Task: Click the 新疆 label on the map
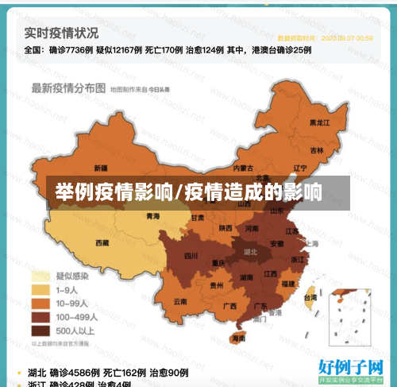tap(100, 168)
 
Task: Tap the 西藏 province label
tap(102, 242)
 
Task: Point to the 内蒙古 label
tap(244, 168)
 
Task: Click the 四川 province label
tap(191, 256)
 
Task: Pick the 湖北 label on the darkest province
tap(251, 251)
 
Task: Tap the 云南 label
tap(180, 302)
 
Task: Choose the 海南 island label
tap(238, 338)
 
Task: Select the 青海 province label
tap(152, 216)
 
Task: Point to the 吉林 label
tap(317, 150)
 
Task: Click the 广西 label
tap(229, 306)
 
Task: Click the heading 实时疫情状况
tap(61, 33)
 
